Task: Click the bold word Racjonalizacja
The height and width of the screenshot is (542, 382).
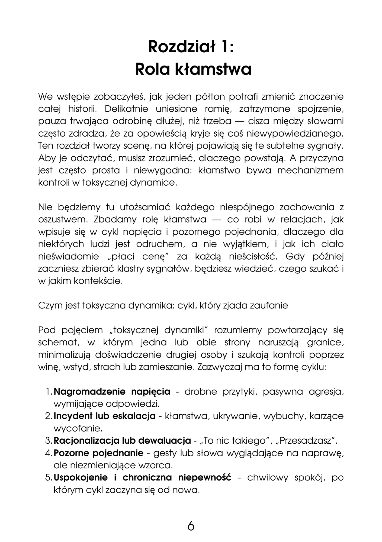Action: (87, 441)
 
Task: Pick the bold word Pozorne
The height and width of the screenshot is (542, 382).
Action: (71, 453)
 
